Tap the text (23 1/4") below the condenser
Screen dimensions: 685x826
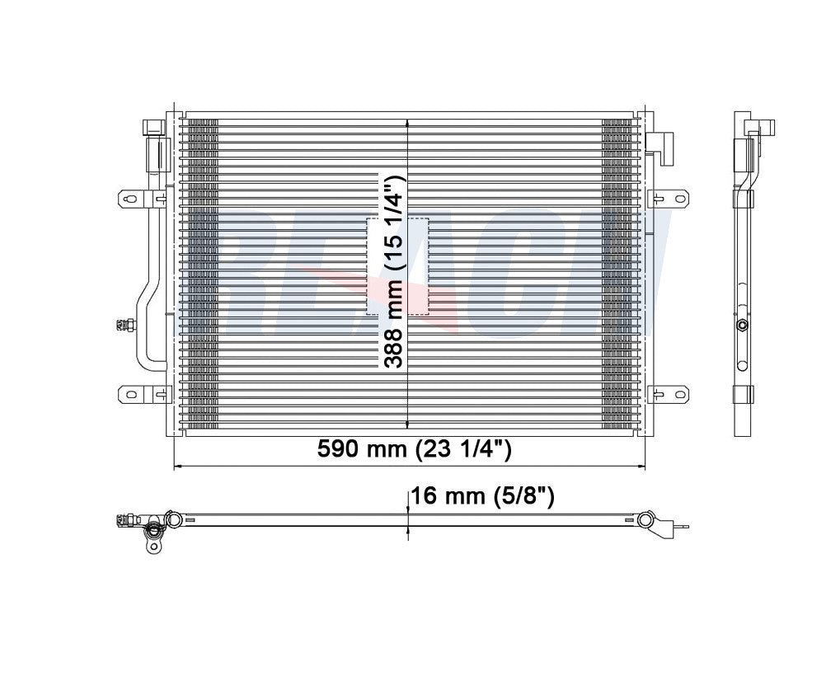(x=465, y=450)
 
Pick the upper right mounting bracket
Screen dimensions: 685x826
(x=669, y=198)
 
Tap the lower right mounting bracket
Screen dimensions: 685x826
(x=669, y=394)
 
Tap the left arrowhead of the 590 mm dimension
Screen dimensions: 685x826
(x=177, y=467)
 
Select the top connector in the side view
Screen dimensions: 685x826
(x=757, y=128)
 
